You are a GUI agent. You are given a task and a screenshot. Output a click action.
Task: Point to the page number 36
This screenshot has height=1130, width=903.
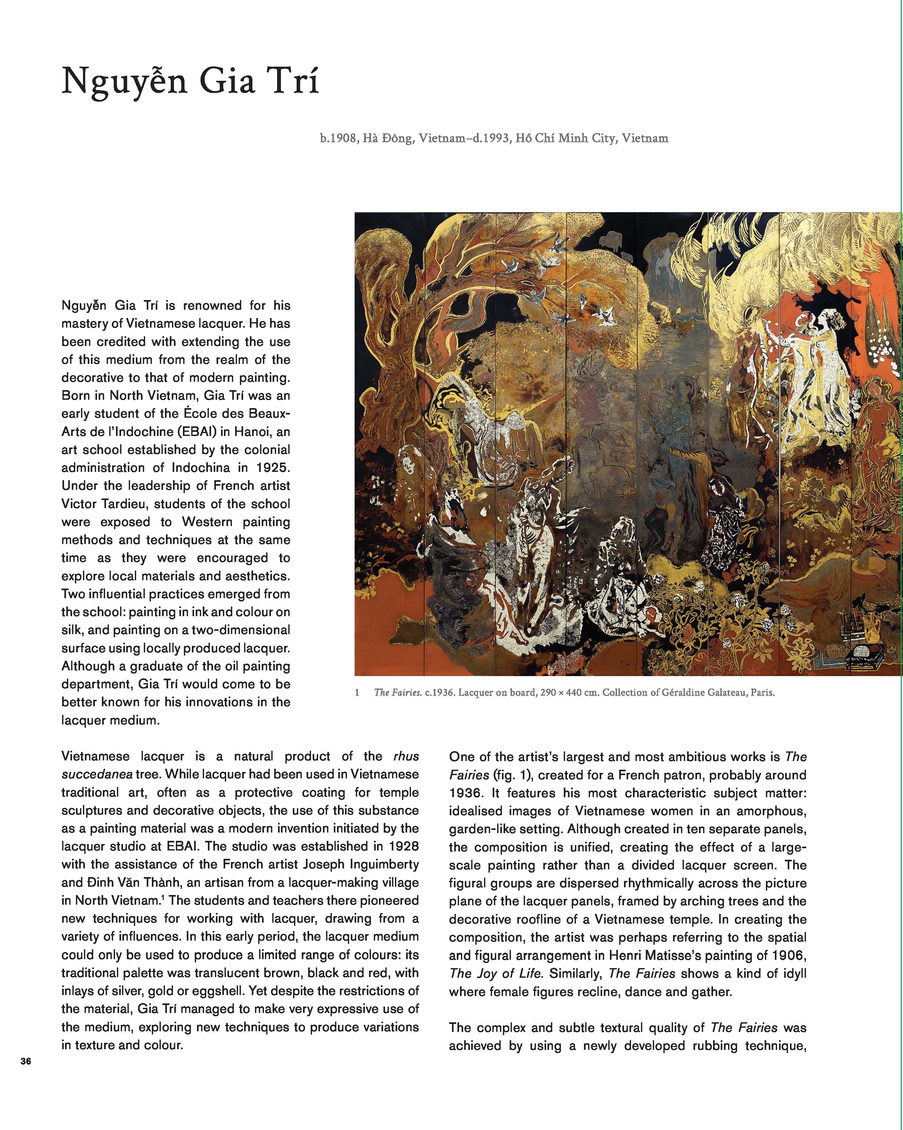pos(26,1061)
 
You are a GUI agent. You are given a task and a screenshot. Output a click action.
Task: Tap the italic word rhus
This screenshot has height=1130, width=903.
pos(406,756)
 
